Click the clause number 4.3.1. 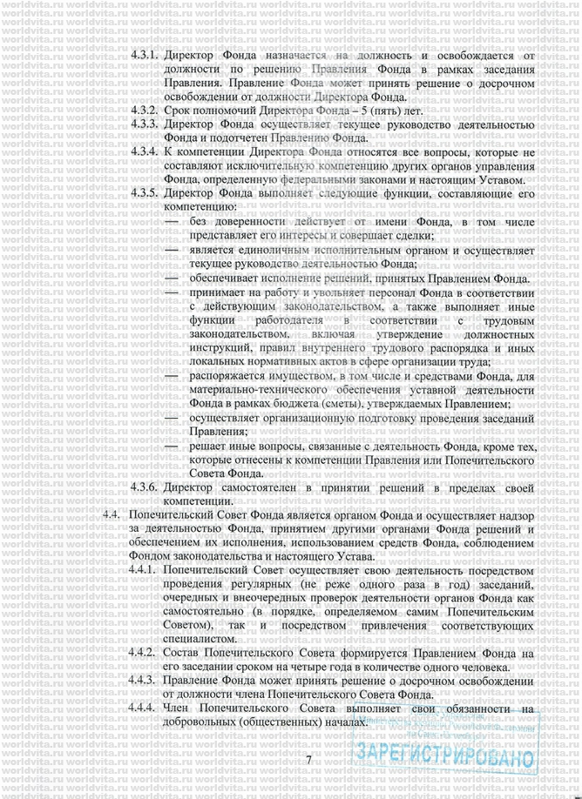[144, 56]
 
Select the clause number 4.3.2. [144, 111]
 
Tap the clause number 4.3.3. [144, 124]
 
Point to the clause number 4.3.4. [144, 151]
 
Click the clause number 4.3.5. [144, 193]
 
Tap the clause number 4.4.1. [144, 570]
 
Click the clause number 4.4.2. [144, 653]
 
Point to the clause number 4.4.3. [144, 681]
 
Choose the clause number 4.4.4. [144, 708]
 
